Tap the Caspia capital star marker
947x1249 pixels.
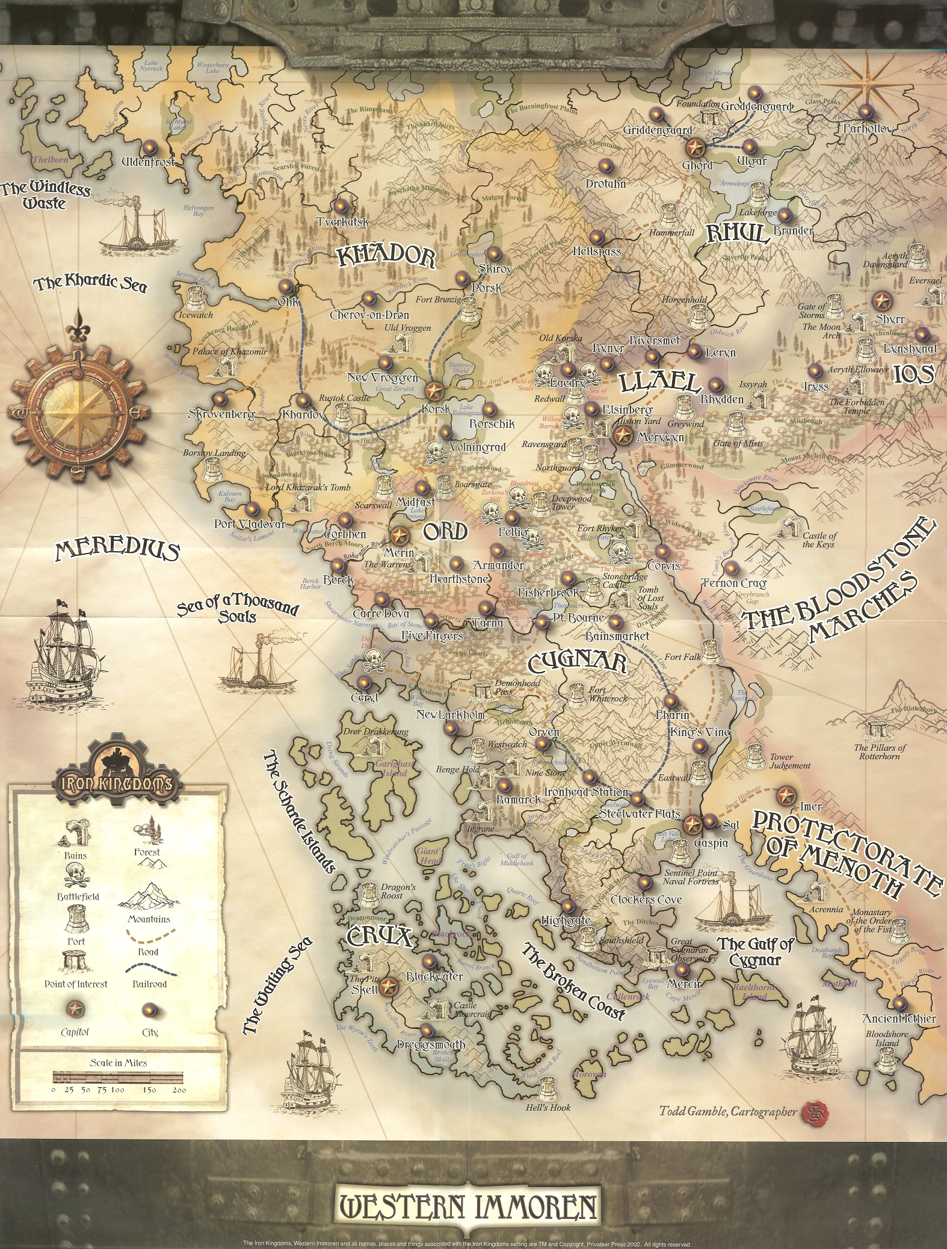(693, 823)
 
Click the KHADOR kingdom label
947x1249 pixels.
(386, 257)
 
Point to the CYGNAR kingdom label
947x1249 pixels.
(578, 663)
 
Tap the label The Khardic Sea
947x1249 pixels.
(90, 284)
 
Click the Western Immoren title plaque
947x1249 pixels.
(469, 1206)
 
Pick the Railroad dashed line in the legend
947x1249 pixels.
(152, 970)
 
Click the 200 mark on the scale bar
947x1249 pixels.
(179, 1090)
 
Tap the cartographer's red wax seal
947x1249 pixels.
(813, 1112)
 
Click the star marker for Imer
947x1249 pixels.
(785, 795)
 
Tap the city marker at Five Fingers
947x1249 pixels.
(431, 620)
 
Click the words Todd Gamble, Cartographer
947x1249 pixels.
(728, 1112)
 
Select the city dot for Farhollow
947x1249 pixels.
(865, 112)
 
